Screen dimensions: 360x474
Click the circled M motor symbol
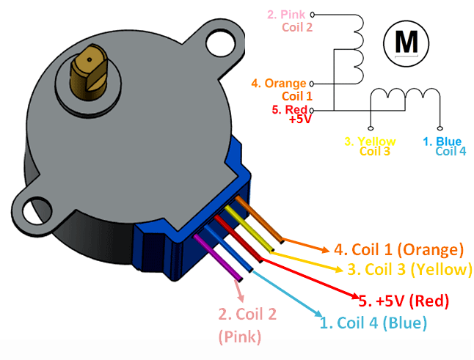[406, 42]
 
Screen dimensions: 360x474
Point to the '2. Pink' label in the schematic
[288, 13]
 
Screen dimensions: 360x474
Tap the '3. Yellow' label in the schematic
[371, 141]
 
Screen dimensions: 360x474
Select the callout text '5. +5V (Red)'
[404, 300]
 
